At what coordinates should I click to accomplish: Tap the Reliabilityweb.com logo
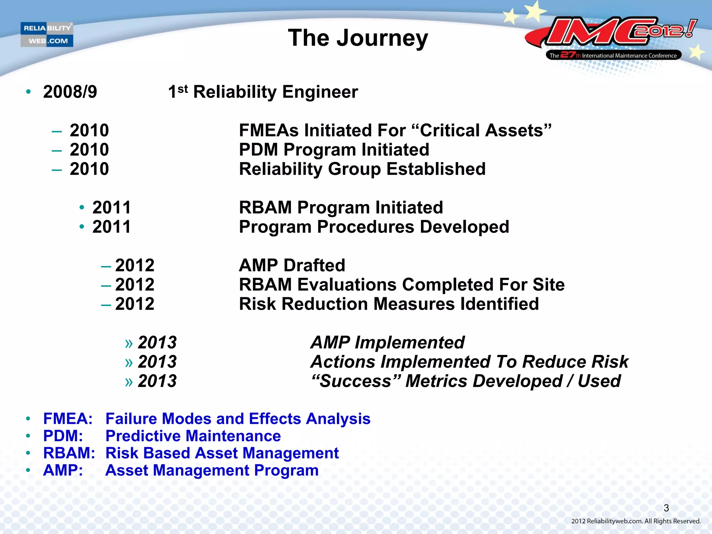(x=47, y=34)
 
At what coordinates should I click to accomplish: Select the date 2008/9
(x=70, y=92)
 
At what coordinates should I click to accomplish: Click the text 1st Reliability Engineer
(x=263, y=92)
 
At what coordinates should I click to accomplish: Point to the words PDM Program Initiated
(x=334, y=150)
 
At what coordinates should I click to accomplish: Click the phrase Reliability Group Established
(x=362, y=169)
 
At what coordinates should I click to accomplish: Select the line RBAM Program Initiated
(x=341, y=208)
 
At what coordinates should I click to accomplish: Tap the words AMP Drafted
(x=292, y=266)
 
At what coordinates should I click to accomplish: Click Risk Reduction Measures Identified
(x=389, y=304)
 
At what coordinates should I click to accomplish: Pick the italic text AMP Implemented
(x=387, y=342)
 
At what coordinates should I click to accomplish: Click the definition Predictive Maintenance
(x=193, y=436)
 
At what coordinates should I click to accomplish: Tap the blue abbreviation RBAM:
(x=69, y=453)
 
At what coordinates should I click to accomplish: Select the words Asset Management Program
(x=212, y=471)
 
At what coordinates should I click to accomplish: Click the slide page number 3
(x=666, y=508)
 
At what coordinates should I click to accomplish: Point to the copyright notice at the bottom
(x=636, y=521)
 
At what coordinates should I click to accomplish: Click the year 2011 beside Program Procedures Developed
(x=112, y=227)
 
